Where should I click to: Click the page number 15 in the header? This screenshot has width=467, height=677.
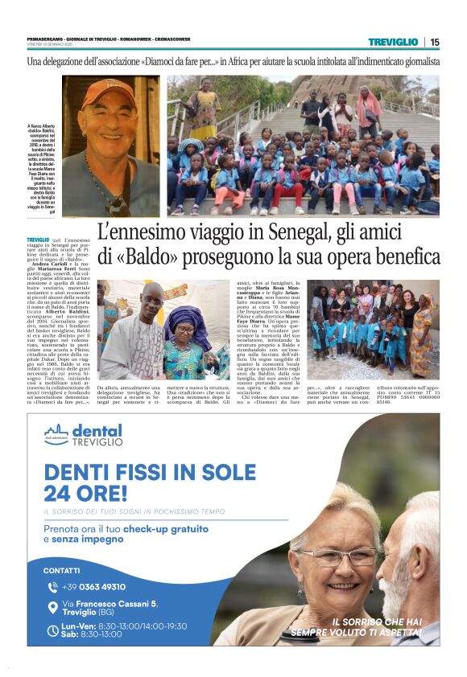pos(435,42)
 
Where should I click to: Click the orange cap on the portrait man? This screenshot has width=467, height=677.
pos(108,91)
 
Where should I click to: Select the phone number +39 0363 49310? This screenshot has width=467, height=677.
pos(94,587)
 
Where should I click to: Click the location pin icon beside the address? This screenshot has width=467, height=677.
pos(53,608)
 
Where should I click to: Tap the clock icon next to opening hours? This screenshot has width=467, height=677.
pos(53,630)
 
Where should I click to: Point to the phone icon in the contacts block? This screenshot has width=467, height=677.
pos(53,587)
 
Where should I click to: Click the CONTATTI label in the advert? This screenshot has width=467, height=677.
pos(62,570)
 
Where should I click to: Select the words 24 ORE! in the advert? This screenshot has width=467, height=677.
pos(85,491)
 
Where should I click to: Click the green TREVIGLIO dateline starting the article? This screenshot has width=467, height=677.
pos(37,240)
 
